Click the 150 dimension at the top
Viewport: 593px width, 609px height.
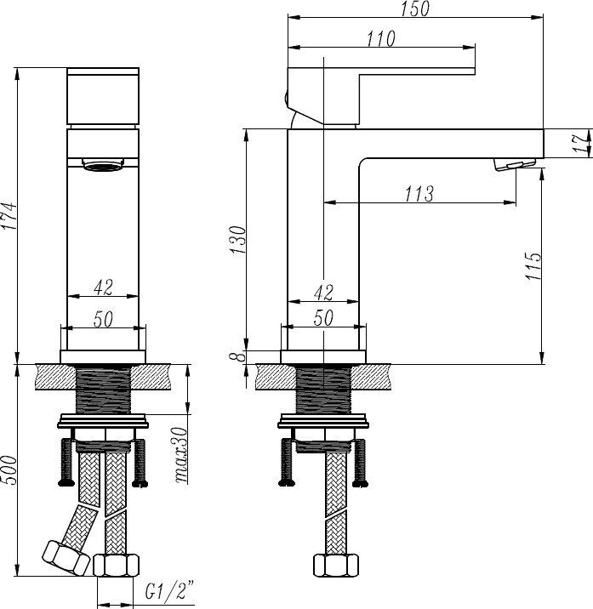pos(415,9)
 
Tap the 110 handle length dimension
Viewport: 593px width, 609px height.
pos(381,38)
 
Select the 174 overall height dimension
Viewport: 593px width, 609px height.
pos(9,216)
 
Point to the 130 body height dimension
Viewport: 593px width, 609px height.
pos(238,240)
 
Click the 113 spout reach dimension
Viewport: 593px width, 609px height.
pos(419,193)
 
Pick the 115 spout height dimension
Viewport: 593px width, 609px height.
pos(533,266)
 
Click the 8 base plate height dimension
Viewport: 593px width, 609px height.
pos(241,356)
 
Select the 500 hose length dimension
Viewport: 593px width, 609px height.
pos(9,470)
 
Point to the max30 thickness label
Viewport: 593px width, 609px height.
pos(180,455)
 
